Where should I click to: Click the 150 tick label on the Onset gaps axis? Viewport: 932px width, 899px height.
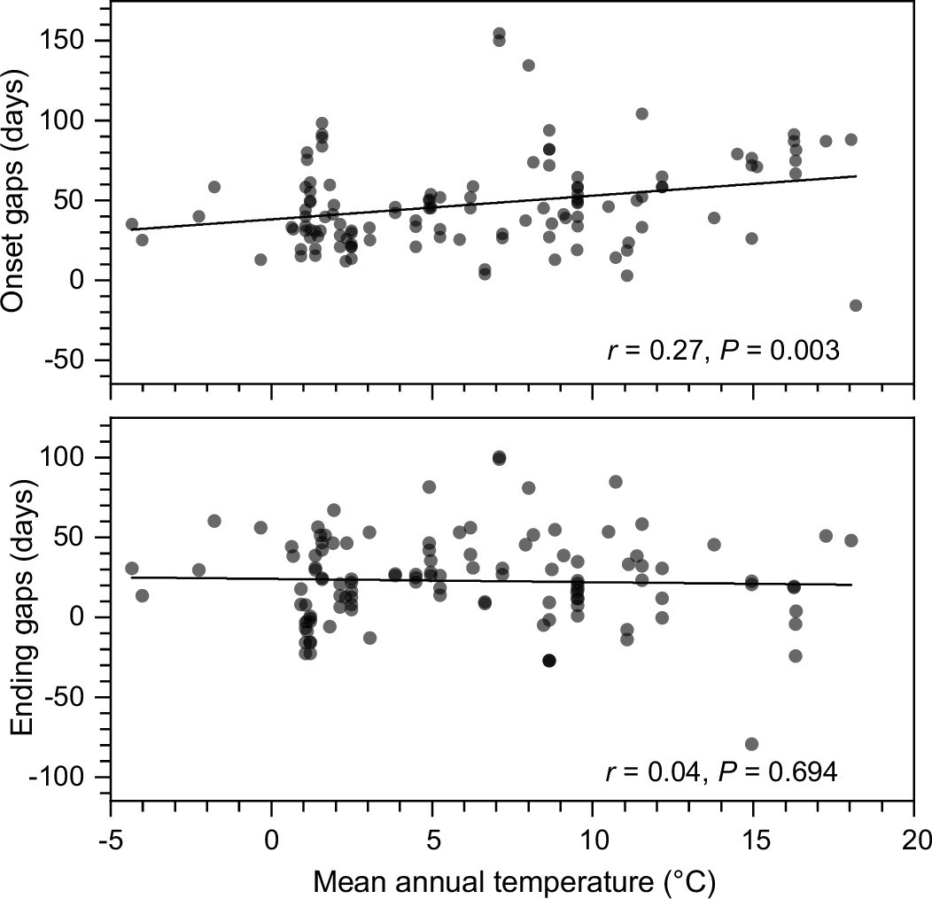coord(66,41)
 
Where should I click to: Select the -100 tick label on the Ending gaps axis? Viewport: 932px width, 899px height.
coord(61,777)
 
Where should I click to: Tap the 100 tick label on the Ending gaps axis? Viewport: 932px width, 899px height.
coord(66,457)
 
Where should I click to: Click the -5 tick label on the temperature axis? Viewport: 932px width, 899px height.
coord(110,837)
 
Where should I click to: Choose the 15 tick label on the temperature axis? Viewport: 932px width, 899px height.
coord(753,837)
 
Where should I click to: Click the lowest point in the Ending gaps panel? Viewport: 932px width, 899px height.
coord(752,743)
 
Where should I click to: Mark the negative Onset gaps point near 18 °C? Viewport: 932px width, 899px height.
coord(856,306)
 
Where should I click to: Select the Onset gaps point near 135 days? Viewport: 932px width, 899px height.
coord(528,66)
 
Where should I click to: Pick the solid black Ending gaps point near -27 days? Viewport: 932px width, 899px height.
coord(549,661)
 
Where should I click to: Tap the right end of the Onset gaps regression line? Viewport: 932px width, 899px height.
coord(857,176)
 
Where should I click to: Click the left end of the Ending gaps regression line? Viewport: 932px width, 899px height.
coord(131,577)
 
